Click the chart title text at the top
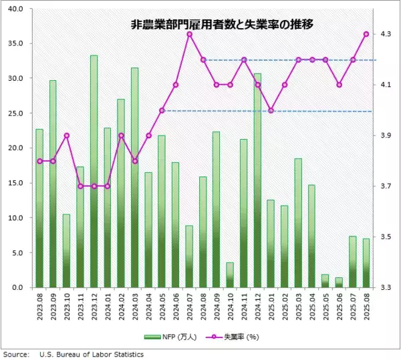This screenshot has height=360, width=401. click(x=221, y=25)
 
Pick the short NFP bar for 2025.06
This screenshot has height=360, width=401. click(x=339, y=283)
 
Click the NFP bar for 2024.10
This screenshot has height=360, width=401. click(x=230, y=275)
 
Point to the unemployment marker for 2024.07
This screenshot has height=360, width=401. click(x=189, y=34)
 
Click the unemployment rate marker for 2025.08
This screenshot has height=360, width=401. click(x=366, y=34)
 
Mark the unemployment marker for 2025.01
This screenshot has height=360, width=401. click(x=271, y=110)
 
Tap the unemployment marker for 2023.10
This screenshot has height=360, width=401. click(x=66, y=136)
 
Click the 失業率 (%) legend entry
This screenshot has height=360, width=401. click(x=234, y=337)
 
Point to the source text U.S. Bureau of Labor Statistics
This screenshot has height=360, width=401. click(x=92, y=354)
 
